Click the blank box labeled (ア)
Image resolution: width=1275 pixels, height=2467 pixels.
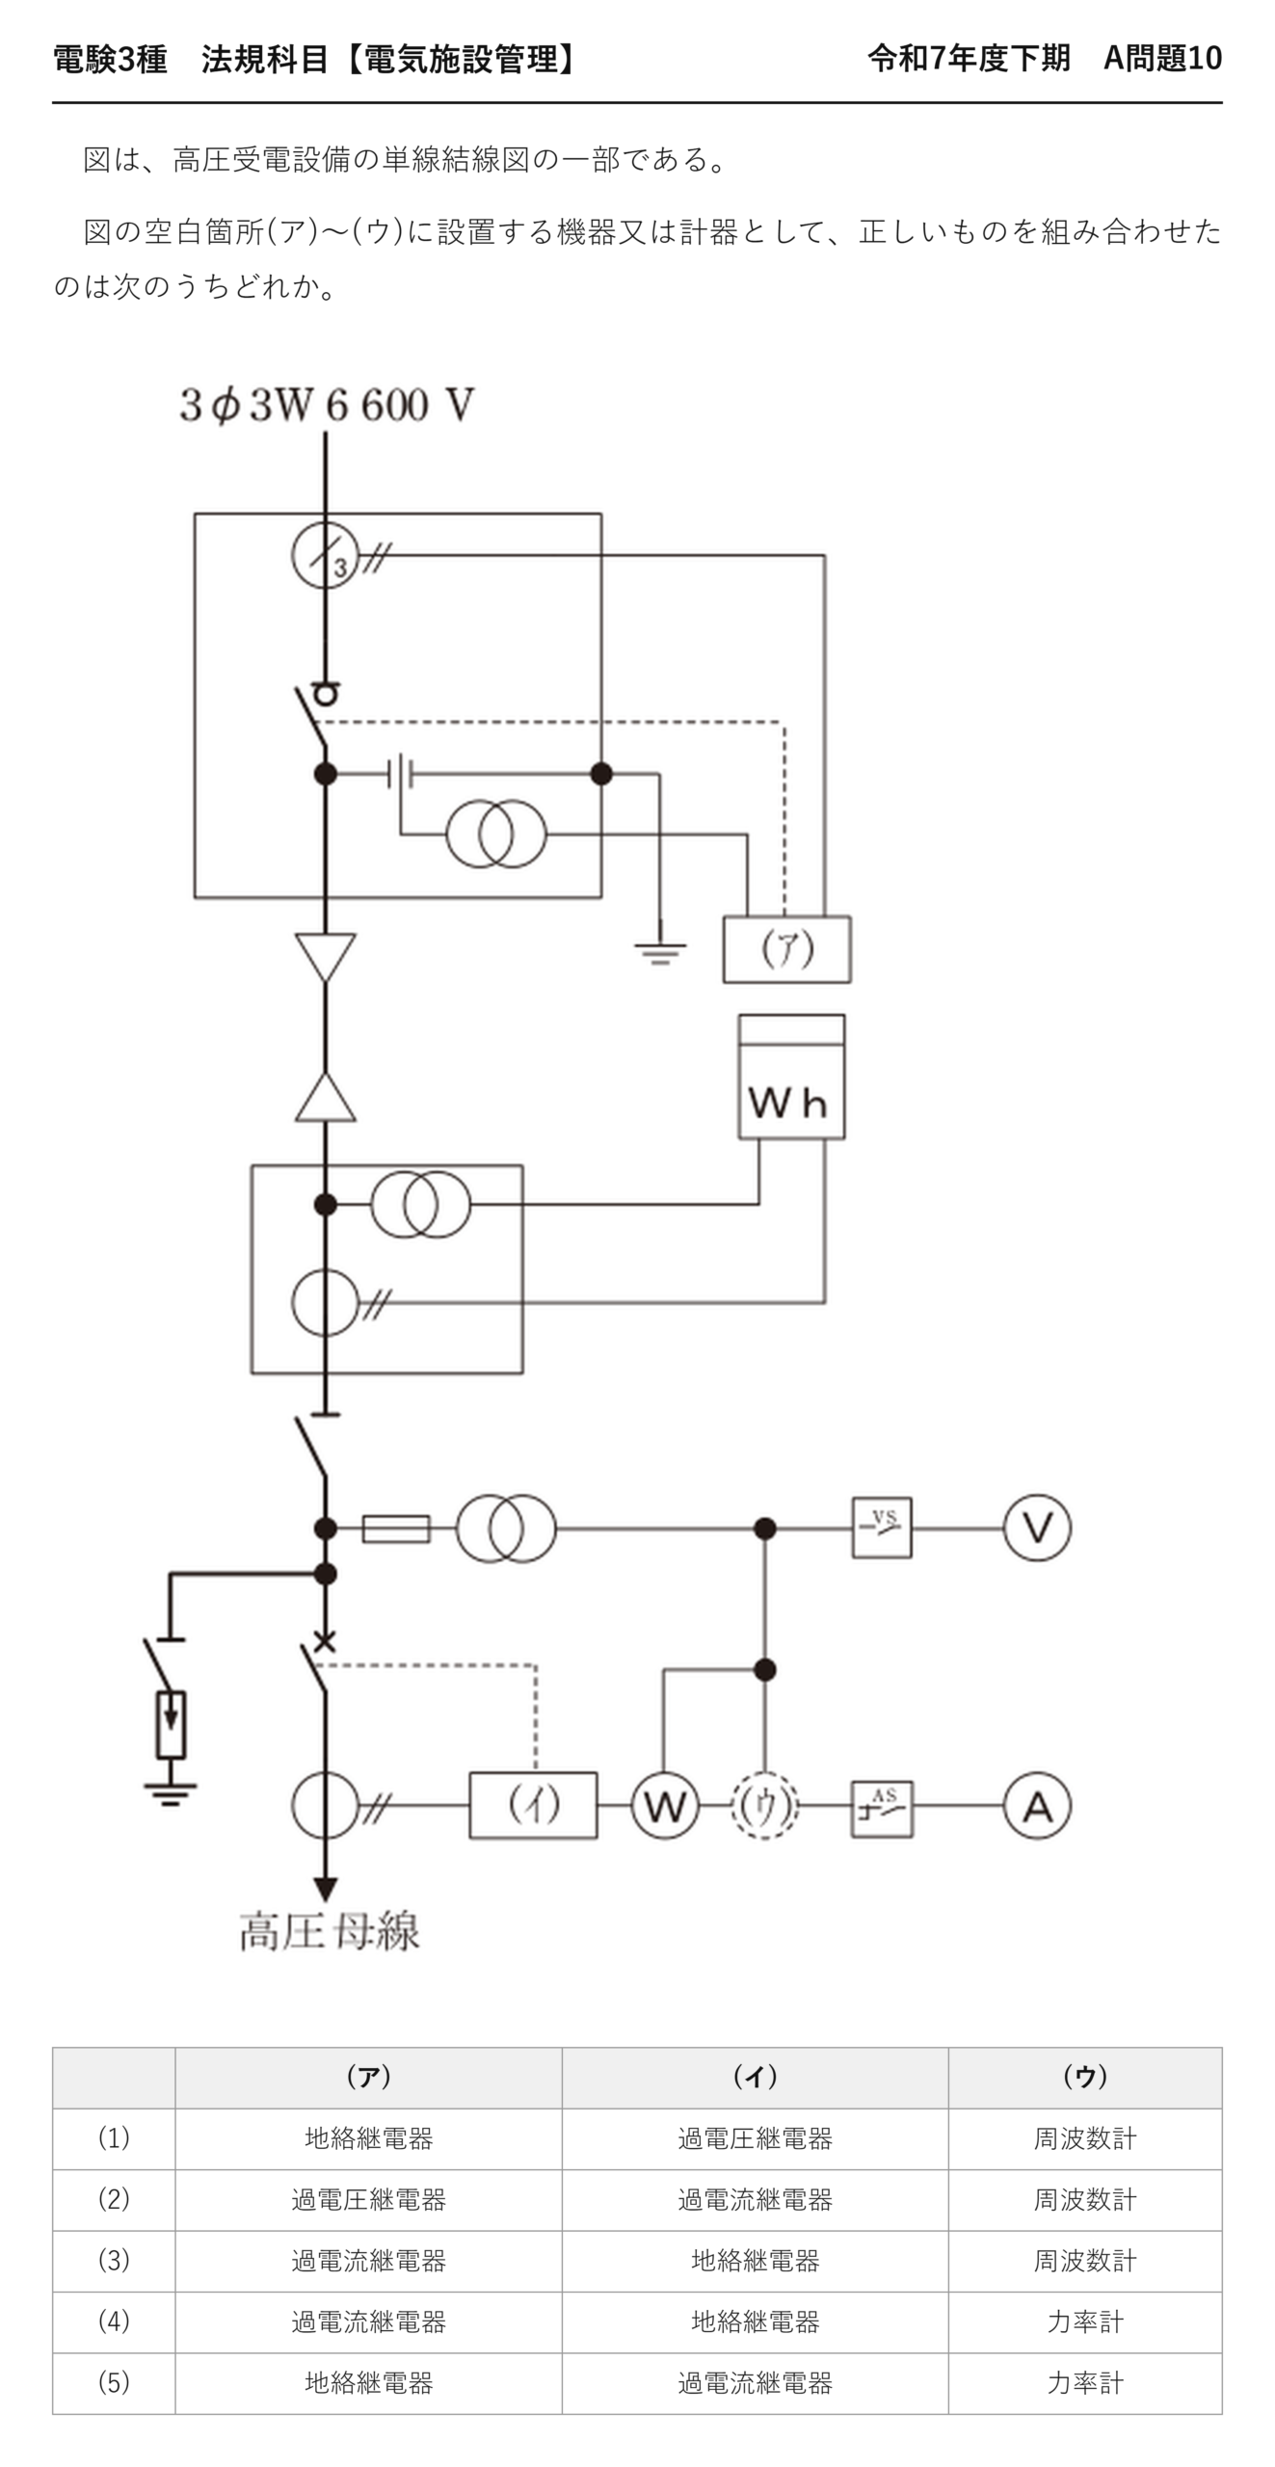coord(786,949)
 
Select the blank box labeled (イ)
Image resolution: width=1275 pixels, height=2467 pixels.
coord(533,1805)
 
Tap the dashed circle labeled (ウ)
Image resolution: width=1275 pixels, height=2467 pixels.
coord(764,1805)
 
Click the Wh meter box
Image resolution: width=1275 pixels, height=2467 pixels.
coord(791,1076)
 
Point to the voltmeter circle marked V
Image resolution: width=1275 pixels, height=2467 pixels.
coord(1037,1527)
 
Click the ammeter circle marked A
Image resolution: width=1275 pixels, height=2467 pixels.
coord(1037,1805)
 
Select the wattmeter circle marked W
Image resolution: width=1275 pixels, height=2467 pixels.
coord(665,1805)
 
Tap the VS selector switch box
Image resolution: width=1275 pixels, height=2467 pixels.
coord(882,1527)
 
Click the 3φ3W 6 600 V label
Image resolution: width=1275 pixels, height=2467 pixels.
coord(326,405)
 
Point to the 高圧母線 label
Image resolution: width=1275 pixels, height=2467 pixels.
coord(330,1931)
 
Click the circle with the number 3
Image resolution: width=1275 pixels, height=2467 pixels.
coord(326,555)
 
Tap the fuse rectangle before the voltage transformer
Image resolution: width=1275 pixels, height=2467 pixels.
coord(396,1527)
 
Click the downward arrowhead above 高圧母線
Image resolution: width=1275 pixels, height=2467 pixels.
coord(326,1890)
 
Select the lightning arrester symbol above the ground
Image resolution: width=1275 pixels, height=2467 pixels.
coord(171,1724)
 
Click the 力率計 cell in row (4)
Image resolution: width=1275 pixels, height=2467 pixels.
coord(1085,2321)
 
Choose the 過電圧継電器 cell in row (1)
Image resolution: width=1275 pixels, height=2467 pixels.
coord(755,2138)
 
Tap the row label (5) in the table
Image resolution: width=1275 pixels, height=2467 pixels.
coord(114,2382)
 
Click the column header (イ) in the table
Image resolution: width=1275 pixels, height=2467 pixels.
coord(755,2077)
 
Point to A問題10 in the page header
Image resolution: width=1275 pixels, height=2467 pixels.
coord(1162,59)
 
